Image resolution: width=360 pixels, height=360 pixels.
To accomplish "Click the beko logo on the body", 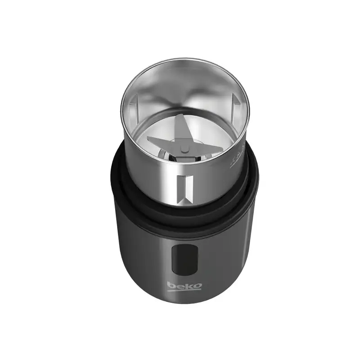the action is coord(184,286).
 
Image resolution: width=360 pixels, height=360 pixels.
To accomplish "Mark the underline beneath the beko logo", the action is coord(184,291).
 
